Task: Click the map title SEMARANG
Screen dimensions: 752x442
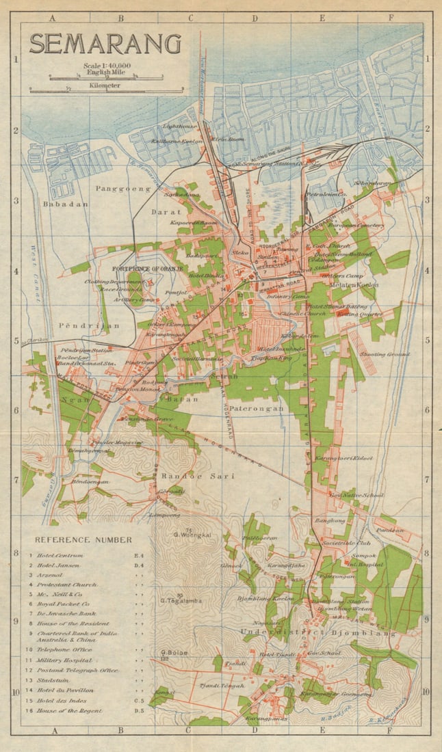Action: pos(105,44)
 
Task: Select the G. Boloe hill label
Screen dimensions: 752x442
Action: pos(174,653)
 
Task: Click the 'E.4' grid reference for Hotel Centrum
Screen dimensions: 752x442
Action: pos(139,556)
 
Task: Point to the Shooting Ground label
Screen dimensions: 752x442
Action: pos(388,355)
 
